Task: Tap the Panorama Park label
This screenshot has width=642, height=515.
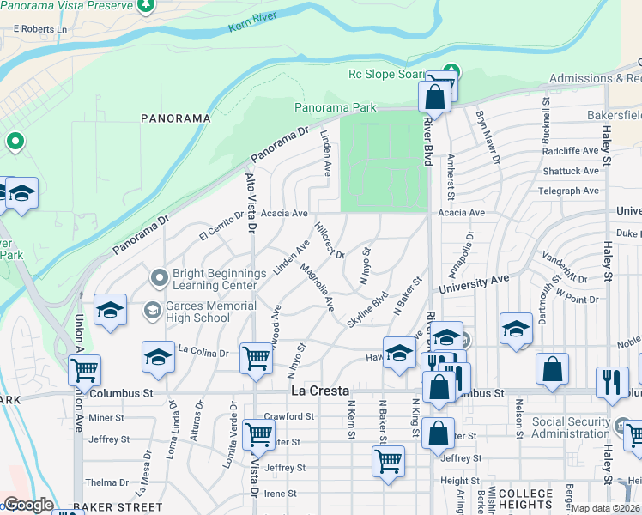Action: click(x=335, y=108)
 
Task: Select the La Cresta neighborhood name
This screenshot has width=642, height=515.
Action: click(x=320, y=391)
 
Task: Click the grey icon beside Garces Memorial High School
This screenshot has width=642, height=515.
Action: click(x=153, y=309)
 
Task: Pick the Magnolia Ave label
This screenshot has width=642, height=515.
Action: click(x=317, y=287)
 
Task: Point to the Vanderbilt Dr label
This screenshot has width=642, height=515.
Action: click(x=564, y=266)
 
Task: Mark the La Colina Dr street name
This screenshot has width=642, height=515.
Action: click(x=203, y=352)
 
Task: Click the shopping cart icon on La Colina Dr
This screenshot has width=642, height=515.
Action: click(x=257, y=359)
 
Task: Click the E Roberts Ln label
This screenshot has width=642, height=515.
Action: click(x=39, y=29)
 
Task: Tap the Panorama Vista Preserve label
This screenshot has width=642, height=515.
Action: click(x=67, y=5)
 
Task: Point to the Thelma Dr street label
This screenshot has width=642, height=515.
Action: click(x=106, y=482)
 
